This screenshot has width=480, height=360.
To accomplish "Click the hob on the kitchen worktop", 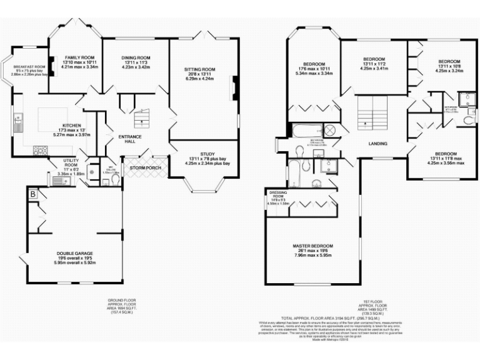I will (x=39, y=150).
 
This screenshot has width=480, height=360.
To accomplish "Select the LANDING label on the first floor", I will (x=377, y=144).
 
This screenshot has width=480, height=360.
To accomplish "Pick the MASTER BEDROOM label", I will (x=312, y=246).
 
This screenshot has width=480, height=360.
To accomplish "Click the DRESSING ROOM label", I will (x=276, y=194).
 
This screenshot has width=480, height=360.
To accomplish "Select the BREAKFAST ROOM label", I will (x=31, y=67).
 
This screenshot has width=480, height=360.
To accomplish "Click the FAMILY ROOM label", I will (x=79, y=57).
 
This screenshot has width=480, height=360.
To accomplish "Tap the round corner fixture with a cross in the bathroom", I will (x=330, y=131).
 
